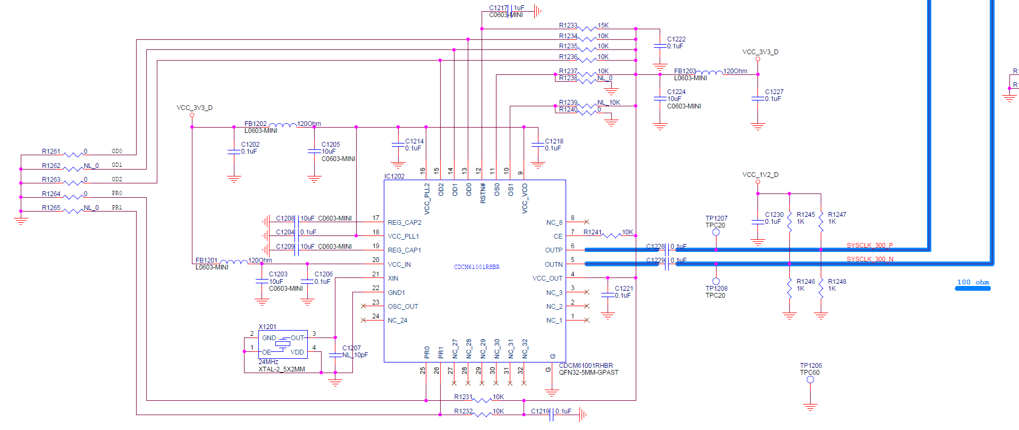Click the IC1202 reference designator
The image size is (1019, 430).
pyautogui.click(x=394, y=176)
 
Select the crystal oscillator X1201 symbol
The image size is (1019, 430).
pyautogui.click(x=283, y=344)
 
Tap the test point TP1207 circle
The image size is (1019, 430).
pyautogui.click(x=716, y=232)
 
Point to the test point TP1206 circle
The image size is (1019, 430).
pyautogui.click(x=810, y=380)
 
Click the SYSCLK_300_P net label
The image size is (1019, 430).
pyautogui.click(x=870, y=246)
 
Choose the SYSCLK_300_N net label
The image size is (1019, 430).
pyautogui.click(x=870, y=259)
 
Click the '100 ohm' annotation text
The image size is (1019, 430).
pyautogui.click(x=973, y=282)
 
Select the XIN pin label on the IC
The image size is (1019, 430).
pyautogui.click(x=393, y=279)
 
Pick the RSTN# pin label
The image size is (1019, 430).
pyautogui.click(x=483, y=193)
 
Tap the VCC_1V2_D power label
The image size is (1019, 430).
pyautogui.click(x=760, y=175)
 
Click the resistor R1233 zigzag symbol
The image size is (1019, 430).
pyautogui.click(x=587, y=28)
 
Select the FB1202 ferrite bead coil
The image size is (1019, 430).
pyautogui.click(x=282, y=125)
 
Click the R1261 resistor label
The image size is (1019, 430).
pyautogui.click(x=51, y=151)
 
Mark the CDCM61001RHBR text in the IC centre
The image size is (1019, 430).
pyautogui.click(x=477, y=267)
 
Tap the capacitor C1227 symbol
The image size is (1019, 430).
pyautogui.click(x=757, y=99)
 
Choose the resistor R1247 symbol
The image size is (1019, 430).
pyautogui.click(x=821, y=218)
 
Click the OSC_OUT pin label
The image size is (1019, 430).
pyautogui.click(x=403, y=307)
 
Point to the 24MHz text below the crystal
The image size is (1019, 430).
pyautogui.click(x=268, y=362)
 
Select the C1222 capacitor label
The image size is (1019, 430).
pyautogui.click(x=676, y=39)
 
